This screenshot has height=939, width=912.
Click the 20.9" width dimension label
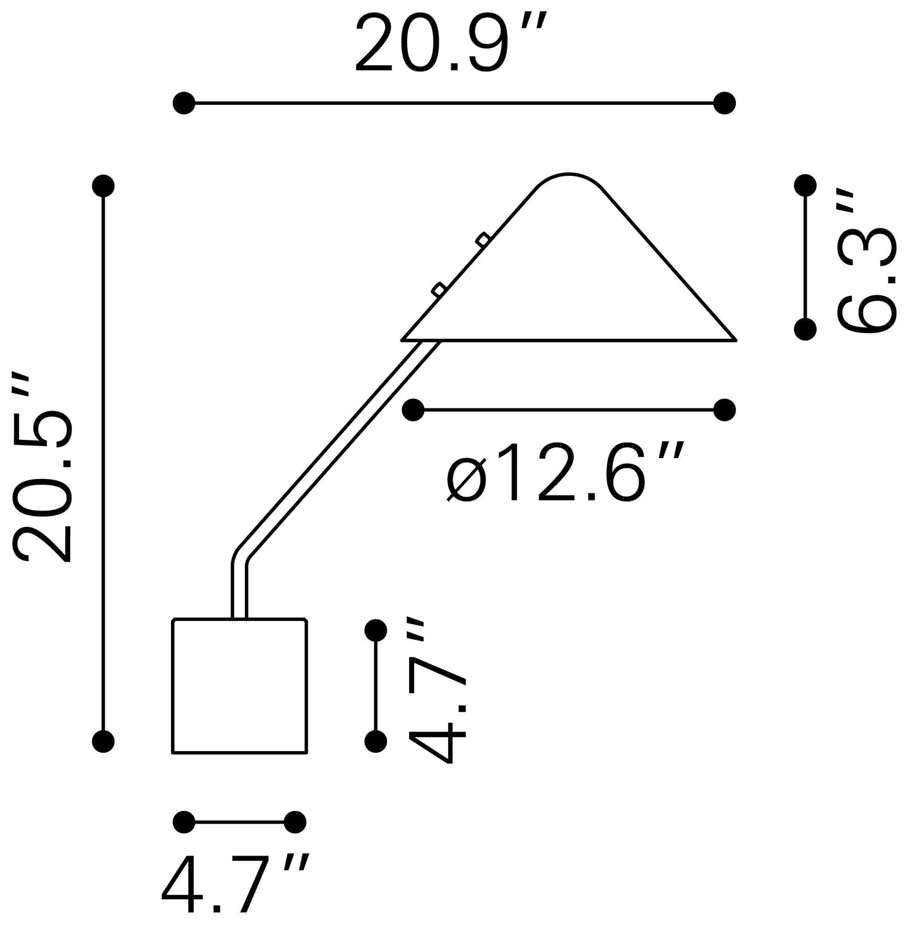[x=451, y=44]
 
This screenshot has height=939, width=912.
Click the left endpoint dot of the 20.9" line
[x=184, y=103]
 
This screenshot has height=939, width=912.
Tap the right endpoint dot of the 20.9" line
[x=725, y=103]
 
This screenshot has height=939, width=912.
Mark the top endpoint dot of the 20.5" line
[x=104, y=186]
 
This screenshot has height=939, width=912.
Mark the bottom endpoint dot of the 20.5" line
[x=104, y=741]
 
